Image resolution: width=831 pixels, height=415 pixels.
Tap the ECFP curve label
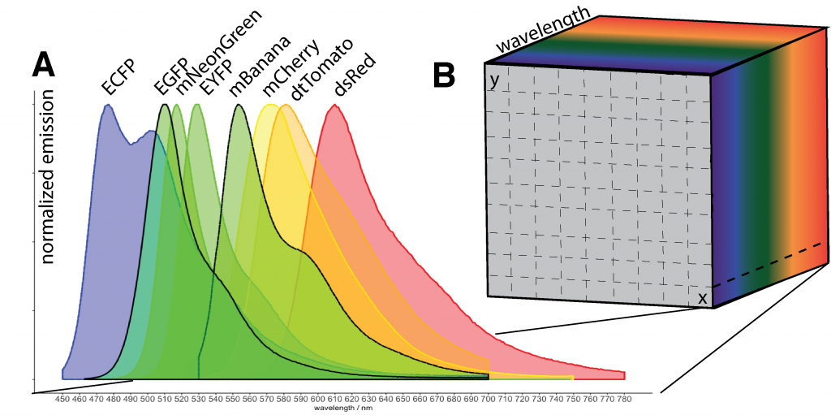(x=118, y=78)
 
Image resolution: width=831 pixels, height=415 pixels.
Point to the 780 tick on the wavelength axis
(x=625, y=399)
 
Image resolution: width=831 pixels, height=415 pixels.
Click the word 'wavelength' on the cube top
(x=542, y=32)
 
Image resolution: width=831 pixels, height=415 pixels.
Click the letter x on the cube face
(x=703, y=298)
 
